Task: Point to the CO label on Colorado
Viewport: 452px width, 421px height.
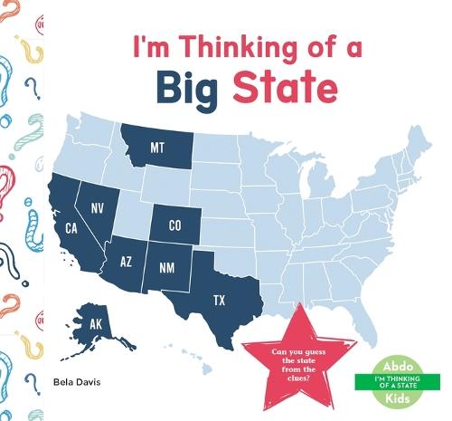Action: (x=175, y=225)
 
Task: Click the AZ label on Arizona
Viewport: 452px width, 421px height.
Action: (x=128, y=262)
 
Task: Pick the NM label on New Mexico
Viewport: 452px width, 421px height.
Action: (x=167, y=267)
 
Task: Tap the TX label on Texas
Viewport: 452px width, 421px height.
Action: (x=219, y=299)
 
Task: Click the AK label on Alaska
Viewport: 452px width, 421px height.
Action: (x=95, y=323)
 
